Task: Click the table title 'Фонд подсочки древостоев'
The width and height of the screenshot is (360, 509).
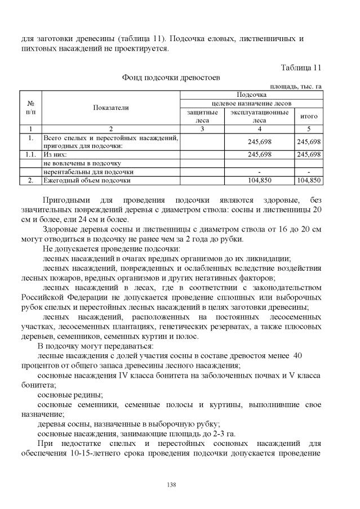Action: coord(171,77)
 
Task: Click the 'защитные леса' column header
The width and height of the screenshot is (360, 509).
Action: coord(202,116)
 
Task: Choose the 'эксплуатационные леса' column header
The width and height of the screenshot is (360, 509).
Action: coord(259,116)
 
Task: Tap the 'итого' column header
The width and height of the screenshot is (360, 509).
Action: coord(308,116)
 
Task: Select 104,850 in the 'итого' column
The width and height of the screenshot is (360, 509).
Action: coord(309,180)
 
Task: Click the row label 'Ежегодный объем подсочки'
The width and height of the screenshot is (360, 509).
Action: coord(87,180)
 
